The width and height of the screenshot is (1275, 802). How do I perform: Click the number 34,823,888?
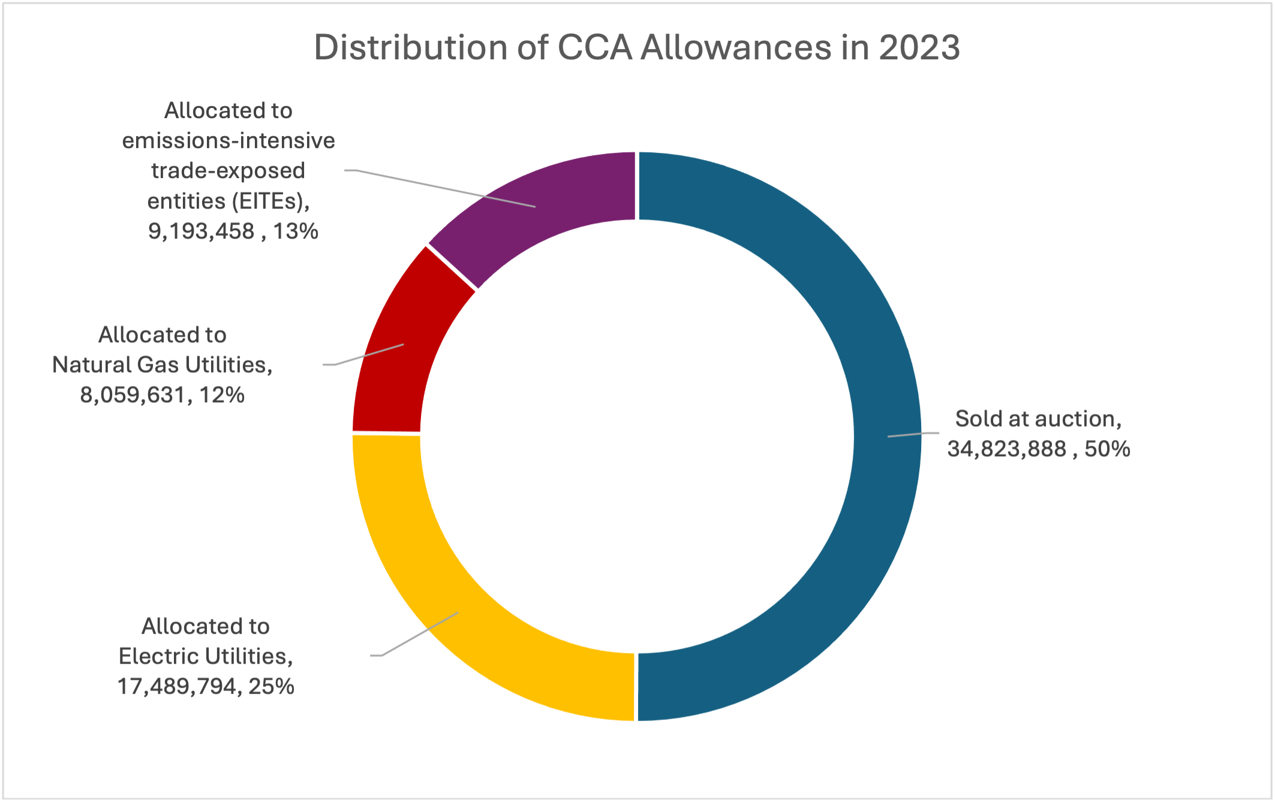pos(1006,449)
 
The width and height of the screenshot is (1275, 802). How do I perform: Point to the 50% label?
pos(1107,449)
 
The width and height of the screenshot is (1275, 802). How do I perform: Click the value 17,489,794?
pos(177,686)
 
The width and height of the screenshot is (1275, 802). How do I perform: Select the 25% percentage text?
pos(271,686)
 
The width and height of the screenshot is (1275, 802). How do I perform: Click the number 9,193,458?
pos(201,231)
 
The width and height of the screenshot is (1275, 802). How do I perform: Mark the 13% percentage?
pos(296,231)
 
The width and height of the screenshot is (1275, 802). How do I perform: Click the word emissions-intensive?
pos(228,141)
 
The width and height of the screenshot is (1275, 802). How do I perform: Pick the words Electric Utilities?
pos(204,656)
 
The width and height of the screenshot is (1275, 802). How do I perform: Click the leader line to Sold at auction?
pos(913,435)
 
